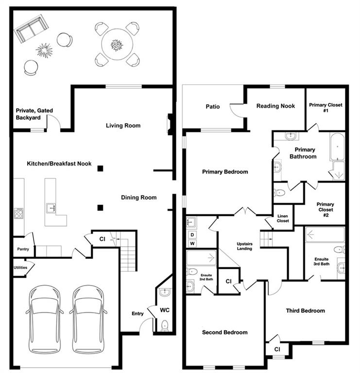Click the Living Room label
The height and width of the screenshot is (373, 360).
pyautogui.click(x=123, y=126)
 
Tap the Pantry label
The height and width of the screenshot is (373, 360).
pyautogui.click(x=23, y=249)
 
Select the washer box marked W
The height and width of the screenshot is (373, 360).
pyautogui.click(x=192, y=243)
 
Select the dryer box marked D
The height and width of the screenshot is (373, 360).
pyautogui.click(x=192, y=235)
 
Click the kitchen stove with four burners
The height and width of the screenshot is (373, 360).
pyautogui.click(x=19, y=213)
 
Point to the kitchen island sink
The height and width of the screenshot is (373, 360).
pyautogui.click(x=51, y=208)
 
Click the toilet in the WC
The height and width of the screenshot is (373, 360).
pyautogui.click(x=164, y=325)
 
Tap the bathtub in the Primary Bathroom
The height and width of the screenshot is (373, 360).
pyautogui.click(x=337, y=146)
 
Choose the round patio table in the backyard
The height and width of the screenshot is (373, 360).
pyautogui.click(x=117, y=45)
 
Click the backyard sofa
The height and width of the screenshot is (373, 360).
pyautogui.click(x=31, y=29)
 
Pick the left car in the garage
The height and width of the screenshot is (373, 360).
pyautogui.click(x=45, y=320)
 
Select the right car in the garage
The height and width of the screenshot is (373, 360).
pyautogui.click(x=88, y=320)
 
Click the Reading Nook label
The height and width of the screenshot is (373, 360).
pyautogui.click(x=275, y=106)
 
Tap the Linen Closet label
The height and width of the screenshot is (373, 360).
pyautogui.click(x=283, y=219)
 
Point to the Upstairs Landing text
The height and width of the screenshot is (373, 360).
pyautogui.click(x=244, y=246)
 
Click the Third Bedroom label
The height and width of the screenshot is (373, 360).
pyautogui.click(x=305, y=311)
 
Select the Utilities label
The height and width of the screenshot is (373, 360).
pyautogui.click(x=20, y=268)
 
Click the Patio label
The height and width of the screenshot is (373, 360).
pyautogui.click(x=212, y=106)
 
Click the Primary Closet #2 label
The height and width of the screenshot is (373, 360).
pyautogui.click(x=326, y=210)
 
